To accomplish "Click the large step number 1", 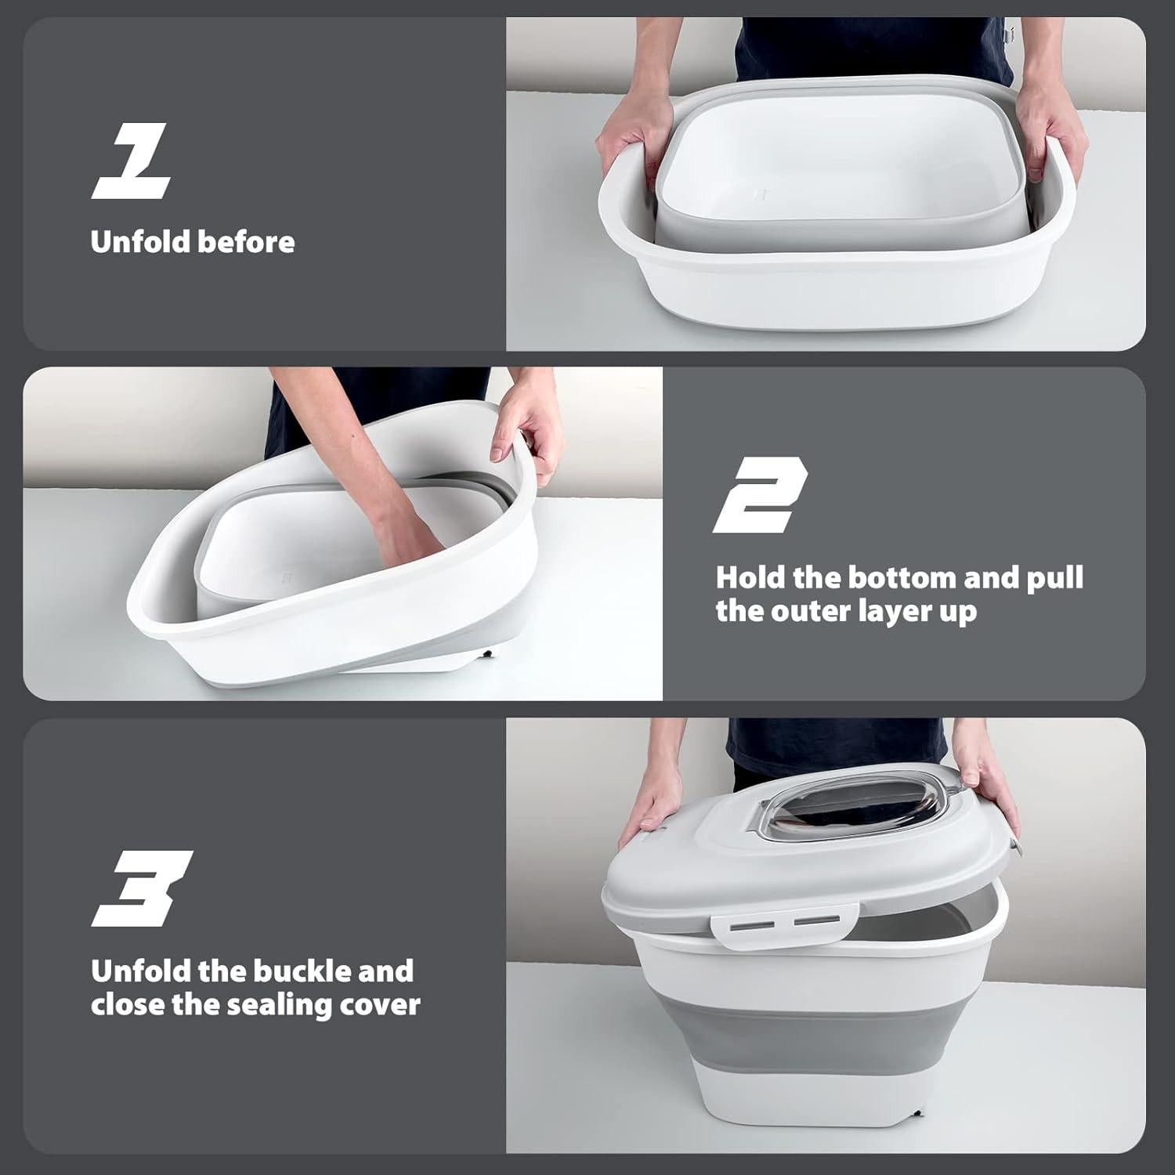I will (x=132, y=163).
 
